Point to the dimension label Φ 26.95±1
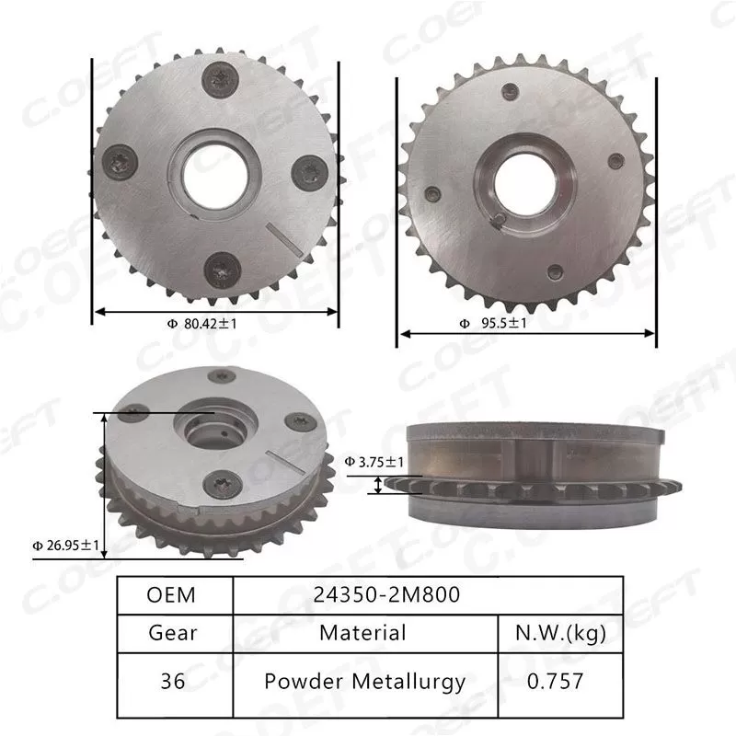(x=63, y=544)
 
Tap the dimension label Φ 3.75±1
(x=374, y=461)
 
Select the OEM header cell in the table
(x=172, y=594)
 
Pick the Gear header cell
(x=172, y=633)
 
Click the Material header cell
(x=362, y=633)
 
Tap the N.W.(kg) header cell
(x=559, y=633)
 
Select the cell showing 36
(x=172, y=682)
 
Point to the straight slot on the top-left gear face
(x=283, y=236)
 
